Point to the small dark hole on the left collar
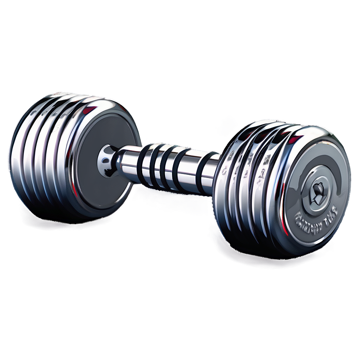(x=105, y=161)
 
